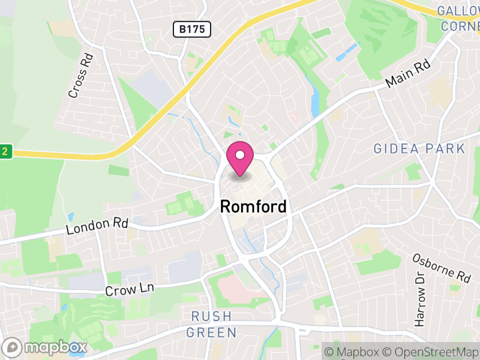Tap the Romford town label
(x=253, y=206)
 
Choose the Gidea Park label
(x=419, y=149)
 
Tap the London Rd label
(x=97, y=226)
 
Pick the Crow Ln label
(x=130, y=289)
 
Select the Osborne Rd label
(x=442, y=268)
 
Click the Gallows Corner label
(x=460, y=18)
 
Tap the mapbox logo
(x=45, y=347)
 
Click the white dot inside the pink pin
(x=240, y=155)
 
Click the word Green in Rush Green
(x=211, y=332)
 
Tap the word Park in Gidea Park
(x=447, y=149)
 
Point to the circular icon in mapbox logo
(x=13, y=347)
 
